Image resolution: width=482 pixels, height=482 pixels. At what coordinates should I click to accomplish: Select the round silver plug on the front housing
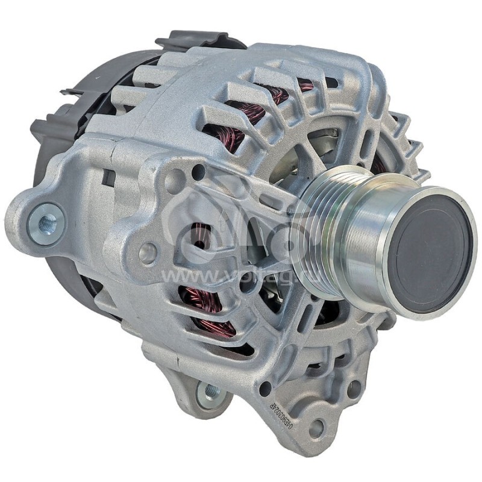click(148, 253)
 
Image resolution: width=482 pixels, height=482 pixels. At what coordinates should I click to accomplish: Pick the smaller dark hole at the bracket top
click(199, 175)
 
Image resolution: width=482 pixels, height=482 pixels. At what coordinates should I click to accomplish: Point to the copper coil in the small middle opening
click(199, 235)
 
